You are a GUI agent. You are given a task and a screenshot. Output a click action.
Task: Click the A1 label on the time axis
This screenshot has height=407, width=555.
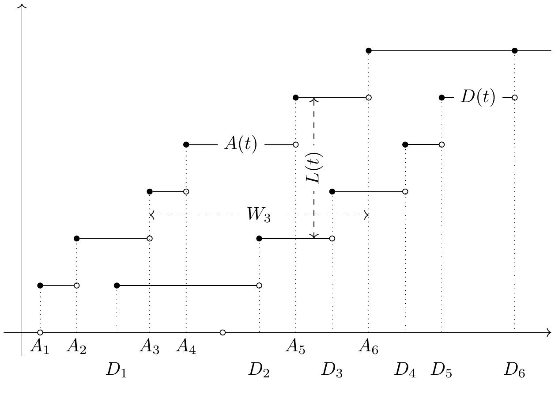click(x=40, y=346)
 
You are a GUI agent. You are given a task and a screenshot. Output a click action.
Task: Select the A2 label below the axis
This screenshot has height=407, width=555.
click(x=76, y=346)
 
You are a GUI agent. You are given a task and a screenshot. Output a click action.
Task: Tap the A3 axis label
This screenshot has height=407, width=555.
click(x=149, y=346)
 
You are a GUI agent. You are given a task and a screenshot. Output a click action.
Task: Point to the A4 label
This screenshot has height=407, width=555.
click(x=186, y=346)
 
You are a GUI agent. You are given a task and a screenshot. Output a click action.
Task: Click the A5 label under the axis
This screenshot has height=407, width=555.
click(x=295, y=346)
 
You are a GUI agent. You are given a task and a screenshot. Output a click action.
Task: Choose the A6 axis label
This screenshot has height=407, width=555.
click(x=368, y=346)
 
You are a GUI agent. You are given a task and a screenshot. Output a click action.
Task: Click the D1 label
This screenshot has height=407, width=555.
click(x=117, y=370)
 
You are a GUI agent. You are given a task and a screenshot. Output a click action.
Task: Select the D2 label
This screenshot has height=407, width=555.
click(x=259, y=370)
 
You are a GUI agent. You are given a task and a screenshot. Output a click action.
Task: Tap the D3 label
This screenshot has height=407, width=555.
click(x=332, y=370)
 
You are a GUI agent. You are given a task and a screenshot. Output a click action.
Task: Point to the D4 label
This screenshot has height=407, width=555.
click(x=405, y=370)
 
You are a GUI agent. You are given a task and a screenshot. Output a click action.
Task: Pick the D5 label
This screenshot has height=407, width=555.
click(x=442, y=370)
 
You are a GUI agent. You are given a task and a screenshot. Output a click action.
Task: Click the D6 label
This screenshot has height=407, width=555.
click(x=514, y=370)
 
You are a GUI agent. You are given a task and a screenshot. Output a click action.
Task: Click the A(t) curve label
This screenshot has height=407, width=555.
click(x=241, y=144)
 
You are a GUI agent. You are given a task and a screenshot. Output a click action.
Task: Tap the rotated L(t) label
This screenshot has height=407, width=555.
click(x=314, y=168)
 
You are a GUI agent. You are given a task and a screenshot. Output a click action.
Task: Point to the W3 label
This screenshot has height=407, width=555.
click(x=259, y=214)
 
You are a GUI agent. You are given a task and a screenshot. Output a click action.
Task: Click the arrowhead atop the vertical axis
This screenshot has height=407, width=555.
click(x=22, y=5)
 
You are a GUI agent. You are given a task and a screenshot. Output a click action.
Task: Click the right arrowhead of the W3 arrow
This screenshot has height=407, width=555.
click(x=366, y=215)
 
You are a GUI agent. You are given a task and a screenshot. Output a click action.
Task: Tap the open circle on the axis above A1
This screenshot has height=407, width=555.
click(x=40, y=332)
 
